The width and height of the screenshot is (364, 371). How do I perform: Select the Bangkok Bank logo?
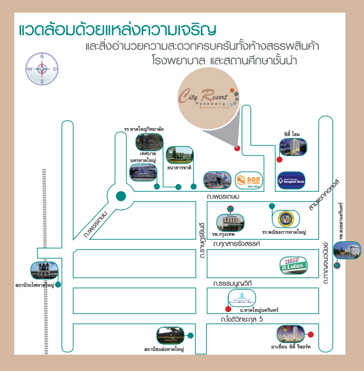pos(291,180)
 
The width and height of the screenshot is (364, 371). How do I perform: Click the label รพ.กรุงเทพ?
pos(224,233)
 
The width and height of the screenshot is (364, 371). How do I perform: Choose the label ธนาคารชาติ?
pos(179,168)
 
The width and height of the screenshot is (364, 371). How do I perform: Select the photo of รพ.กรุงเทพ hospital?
pos(230,220)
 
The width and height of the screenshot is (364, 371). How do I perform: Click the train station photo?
pos(43,271)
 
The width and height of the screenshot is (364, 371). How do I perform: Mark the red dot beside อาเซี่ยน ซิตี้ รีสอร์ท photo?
pos(311,334)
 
